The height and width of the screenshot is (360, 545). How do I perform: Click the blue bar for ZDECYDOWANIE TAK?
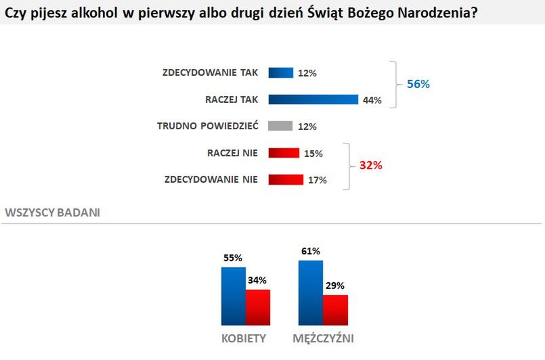pos(280,72)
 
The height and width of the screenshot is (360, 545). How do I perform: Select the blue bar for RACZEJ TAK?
pos(313,99)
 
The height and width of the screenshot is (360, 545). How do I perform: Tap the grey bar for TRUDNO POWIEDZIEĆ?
pos(280,126)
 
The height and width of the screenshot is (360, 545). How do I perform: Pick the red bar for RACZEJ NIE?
pos(284,153)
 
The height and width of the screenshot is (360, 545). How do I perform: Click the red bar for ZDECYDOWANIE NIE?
pos(286,179)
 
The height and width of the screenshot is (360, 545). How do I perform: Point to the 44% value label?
pos(372,100)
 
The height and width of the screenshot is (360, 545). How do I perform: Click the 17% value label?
pos(318,180)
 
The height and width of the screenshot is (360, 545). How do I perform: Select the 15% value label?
pos(313,154)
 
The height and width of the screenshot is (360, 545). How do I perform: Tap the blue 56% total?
pos(418,85)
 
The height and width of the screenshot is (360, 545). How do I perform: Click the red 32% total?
pos(370,165)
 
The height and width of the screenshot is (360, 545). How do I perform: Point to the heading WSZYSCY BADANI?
pos(53,212)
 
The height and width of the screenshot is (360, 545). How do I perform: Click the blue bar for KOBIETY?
pos(234,296)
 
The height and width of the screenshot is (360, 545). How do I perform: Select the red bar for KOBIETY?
pos(258,308)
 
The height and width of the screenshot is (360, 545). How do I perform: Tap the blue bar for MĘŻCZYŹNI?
pos(311,293)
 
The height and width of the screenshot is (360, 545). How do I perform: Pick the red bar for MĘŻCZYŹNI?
pos(335,311)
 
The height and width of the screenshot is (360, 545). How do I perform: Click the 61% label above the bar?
pos(311,252)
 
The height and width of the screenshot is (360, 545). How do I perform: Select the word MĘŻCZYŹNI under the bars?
pos(324,338)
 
